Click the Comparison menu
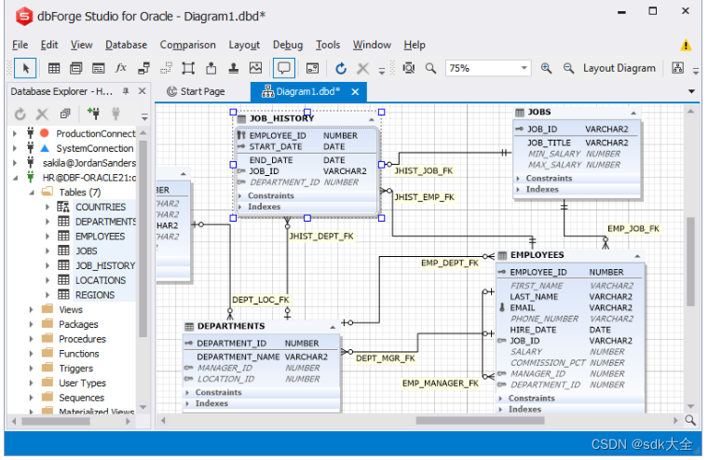pyautogui.click(x=187, y=45)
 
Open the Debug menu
pyautogui.click(x=287, y=45)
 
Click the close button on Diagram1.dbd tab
pyautogui.click(x=355, y=91)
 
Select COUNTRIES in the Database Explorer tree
pyautogui.click(x=100, y=207)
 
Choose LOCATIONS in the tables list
pyautogui.click(x=100, y=280)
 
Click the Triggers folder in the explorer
pyautogui.click(x=75, y=369)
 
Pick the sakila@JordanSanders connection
pyautogui.click(x=88, y=163)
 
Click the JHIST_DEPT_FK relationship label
pyautogui.click(x=321, y=237)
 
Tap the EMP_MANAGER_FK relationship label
pyautogui.click(x=440, y=383)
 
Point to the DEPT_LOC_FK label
pyautogui.click(x=260, y=300)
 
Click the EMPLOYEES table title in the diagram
pyautogui.click(x=537, y=255)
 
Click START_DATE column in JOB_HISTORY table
pyautogui.click(x=276, y=147)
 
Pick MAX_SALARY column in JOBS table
pyautogui.click(x=554, y=165)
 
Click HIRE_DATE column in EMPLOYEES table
pyautogui.click(x=533, y=330)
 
